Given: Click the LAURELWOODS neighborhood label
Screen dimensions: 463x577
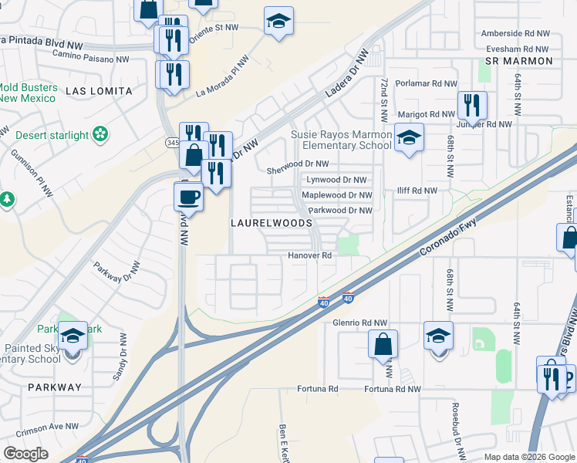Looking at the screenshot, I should coord(272,222).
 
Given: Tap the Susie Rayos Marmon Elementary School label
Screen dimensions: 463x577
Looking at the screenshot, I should coord(342,140).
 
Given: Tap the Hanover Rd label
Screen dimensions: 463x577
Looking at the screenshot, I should coord(309,255).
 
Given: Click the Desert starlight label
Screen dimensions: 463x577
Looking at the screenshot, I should coord(52,136).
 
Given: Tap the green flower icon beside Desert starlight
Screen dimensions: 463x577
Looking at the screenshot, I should coord(100,136).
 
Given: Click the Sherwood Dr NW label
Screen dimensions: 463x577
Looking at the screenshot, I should coord(297,164).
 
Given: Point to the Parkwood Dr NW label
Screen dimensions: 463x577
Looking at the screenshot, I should coord(340,210).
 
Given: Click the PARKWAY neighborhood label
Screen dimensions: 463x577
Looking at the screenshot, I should coord(54,387).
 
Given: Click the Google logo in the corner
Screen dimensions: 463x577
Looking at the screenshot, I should coord(25,453).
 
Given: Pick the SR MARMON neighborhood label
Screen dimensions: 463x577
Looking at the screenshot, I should coord(519,60).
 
